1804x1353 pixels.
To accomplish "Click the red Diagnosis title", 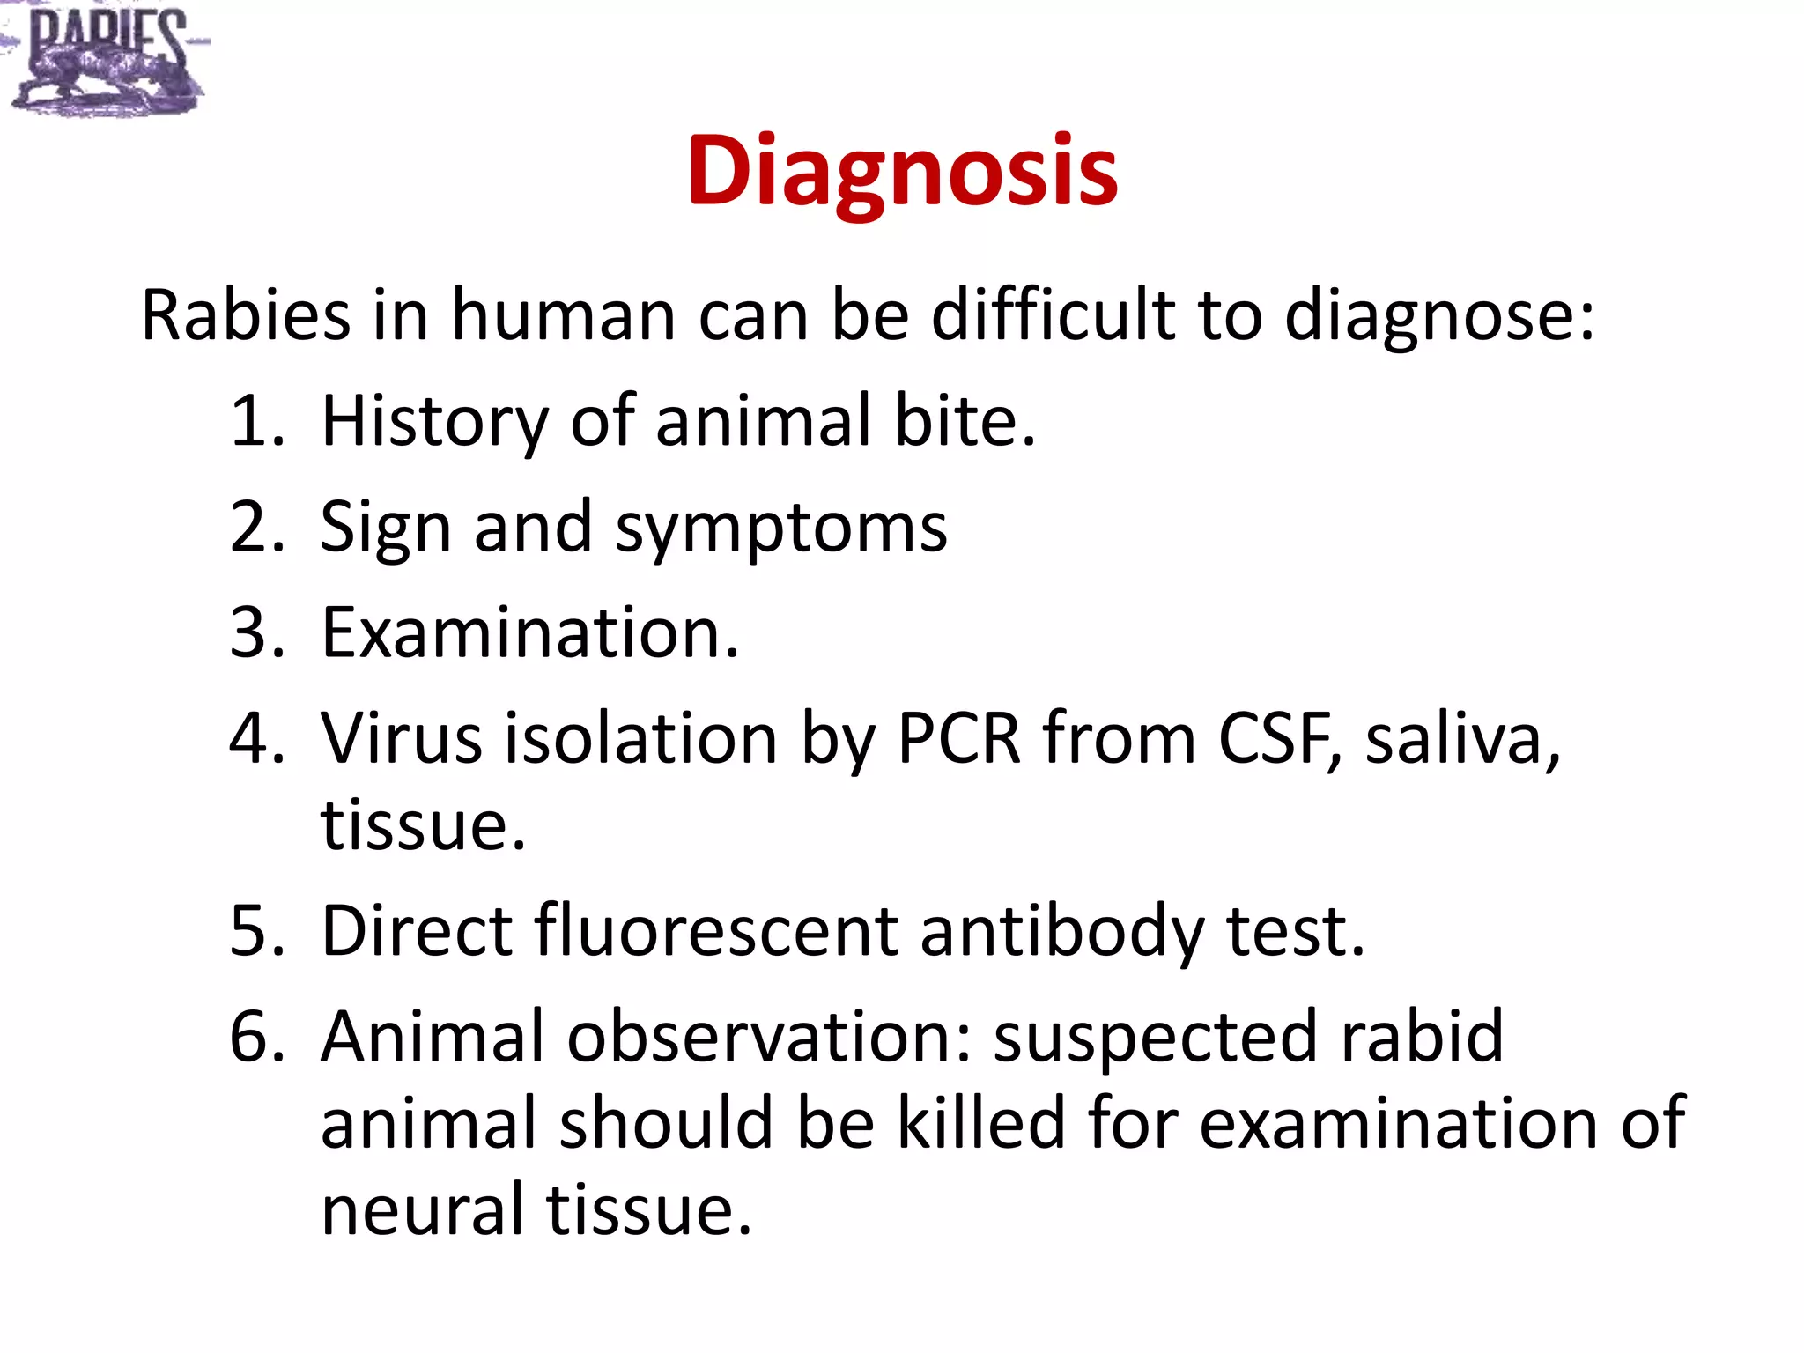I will click(902, 172).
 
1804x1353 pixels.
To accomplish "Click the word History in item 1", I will click(434, 421).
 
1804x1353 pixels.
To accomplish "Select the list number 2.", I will click(256, 527).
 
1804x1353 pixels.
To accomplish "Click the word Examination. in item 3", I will click(530, 632).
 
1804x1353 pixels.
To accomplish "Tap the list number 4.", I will click(256, 738).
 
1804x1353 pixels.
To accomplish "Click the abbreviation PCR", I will click(958, 738).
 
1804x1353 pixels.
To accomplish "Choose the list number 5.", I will click(256, 931).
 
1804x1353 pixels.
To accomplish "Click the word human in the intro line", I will click(564, 315).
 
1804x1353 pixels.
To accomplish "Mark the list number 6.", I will click(256, 1037).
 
